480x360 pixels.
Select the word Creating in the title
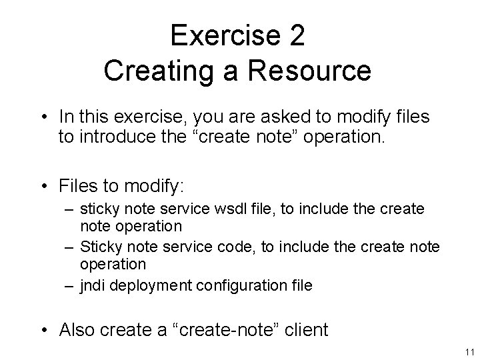pyautogui.click(x=151, y=71)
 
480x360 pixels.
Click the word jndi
pyautogui.click(x=93, y=286)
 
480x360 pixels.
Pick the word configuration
pyautogui.click(x=241, y=286)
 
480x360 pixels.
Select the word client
pyautogui.click(x=307, y=329)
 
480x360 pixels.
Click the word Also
pyautogui.click(x=79, y=329)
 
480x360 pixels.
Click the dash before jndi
pyautogui.click(x=71, y=286)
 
